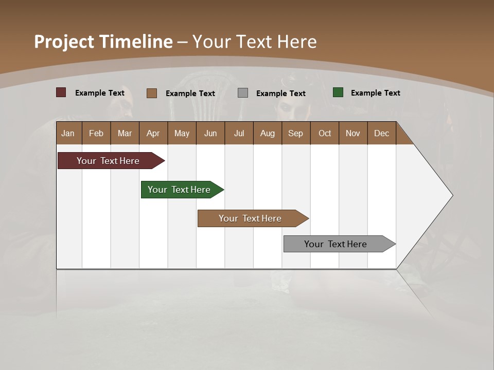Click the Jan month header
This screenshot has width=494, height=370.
pyautogui.click(x=68, y=133)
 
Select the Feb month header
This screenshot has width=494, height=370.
pyautogui.click(x=96, y=133)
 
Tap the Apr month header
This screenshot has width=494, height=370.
pyautogui.click(x=153, y=133)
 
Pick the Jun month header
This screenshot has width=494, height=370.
pyautogui.click(x=210, y=133)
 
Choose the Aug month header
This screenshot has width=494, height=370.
pyautogui.click(x=268, y=133)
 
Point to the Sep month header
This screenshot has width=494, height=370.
pyautogui.click(x=296, y=133)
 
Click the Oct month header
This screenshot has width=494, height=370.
pyautogui.click(x=325, y=133)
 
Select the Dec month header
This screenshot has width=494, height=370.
pyautogui.click(x=382, y=133)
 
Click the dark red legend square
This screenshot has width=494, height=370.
pyautogui.click(x=61, y=92)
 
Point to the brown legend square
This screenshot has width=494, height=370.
pyautogui.click(x=152, y=93)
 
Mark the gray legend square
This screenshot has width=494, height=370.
pyautogui.click(x=243, y=92)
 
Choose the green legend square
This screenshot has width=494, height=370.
pyautogui.click(x=338, y=92)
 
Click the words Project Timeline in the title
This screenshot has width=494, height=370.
pyautogui.click(x=103, y=42)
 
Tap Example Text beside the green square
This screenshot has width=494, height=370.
pyautogui.click(x=376, y=93)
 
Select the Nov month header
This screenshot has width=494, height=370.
pyautogui.click(x=353, y=133)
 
